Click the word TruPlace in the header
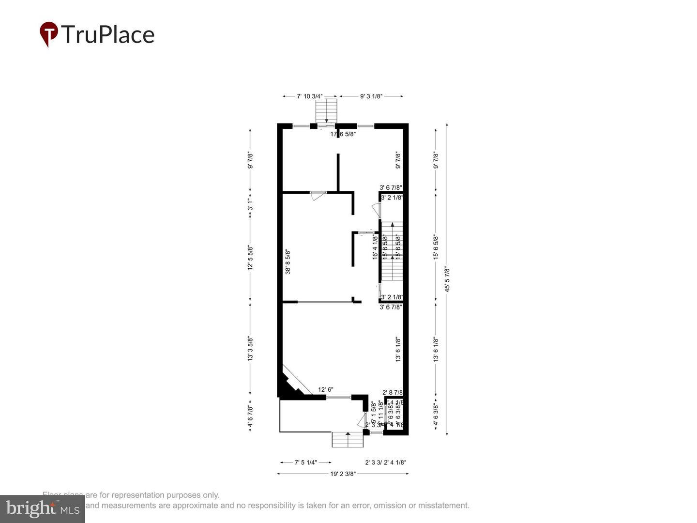(x=107, y=35)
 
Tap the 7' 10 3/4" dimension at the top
(x=310, y=96)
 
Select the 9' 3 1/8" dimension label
(x=371, y=96)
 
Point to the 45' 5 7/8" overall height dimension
(x=447, y=279)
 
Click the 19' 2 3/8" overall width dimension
(x=343, y=474)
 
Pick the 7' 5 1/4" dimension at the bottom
(x=306, y=462)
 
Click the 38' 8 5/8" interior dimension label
(x=288, y=261)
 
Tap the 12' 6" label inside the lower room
(x=326, y=390)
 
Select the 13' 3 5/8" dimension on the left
(x=250, y=349)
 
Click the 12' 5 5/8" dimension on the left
(x=250, y=257)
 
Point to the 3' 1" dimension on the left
(x=250, y=205)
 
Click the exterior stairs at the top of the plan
(x=326, y=111)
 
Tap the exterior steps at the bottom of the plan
(x=347, y=440)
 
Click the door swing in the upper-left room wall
(x=318, y=196)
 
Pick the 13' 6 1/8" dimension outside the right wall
(x=436, y=349)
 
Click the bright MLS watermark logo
(x=43, y=508)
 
